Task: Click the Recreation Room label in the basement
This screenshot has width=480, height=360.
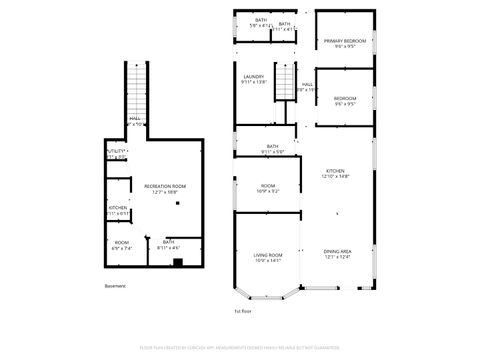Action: pyautogui.click(x=165, y=188)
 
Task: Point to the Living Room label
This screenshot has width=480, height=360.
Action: pyautogui.click(x=267, y=257)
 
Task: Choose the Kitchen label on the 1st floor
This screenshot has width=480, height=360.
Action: pyautogui.click(x=335, y=173)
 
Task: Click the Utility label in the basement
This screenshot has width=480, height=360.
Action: pyautogui.click(x=115, y=153)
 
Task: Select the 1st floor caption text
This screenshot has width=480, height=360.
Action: pyautogui.click(x=243, y=310)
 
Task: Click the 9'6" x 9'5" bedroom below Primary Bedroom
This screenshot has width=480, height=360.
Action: pyautogui.click(x=345, y=100)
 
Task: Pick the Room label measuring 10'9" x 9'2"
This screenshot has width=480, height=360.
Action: pyautogui.click(x=268, y=188)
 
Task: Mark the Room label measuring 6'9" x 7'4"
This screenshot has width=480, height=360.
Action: pyautogui.click(x=121, y=244)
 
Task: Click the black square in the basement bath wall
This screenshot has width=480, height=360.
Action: pyautogui.click(x=177, y=264)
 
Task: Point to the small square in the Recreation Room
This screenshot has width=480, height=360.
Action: pyautogui.click(x=178, y=204)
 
